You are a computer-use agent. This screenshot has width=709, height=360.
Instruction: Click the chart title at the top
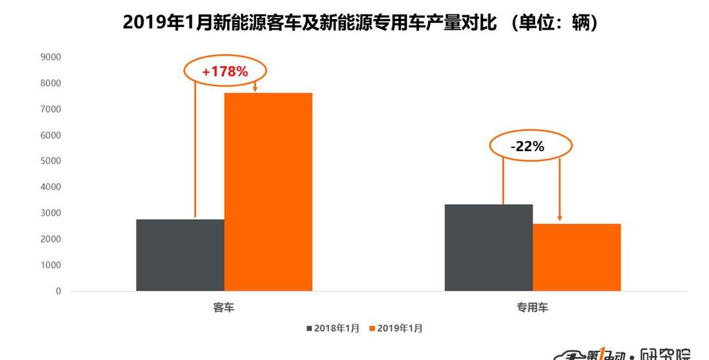pyautogui.click(x=361, y=23)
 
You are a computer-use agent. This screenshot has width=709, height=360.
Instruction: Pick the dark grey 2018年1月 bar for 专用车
pyautogui.click(x=488, y=248)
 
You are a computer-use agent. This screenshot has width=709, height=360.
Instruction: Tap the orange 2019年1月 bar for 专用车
pyautogui.click(x=576, y=258)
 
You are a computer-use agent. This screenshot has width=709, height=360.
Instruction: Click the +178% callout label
pyautogui.click(x=225, y=72)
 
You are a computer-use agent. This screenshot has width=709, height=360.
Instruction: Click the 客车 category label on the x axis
pyautogui.click(x=224, y=307)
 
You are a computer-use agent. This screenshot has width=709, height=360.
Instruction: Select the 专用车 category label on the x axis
pyautogui.click(x=532, y=307)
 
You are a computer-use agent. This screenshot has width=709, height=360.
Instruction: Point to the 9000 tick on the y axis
pyautogui.click(x=51, y=57)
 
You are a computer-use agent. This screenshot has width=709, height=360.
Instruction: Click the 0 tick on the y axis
pyautogui.click(x=58, y=291)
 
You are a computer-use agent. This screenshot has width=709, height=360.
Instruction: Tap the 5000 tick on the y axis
pyautogui.click(x=51, y=161)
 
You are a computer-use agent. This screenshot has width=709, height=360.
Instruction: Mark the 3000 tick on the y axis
pyautogui.click(x=51, y=213)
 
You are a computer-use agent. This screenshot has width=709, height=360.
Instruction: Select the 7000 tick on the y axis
pyautogui.click(x=51, y=109)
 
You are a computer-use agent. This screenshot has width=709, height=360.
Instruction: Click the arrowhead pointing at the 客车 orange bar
pyautogui.click(x=255, y=89)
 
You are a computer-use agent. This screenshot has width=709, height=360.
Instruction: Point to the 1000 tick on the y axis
pyautogui.click(x=51, y=265)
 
